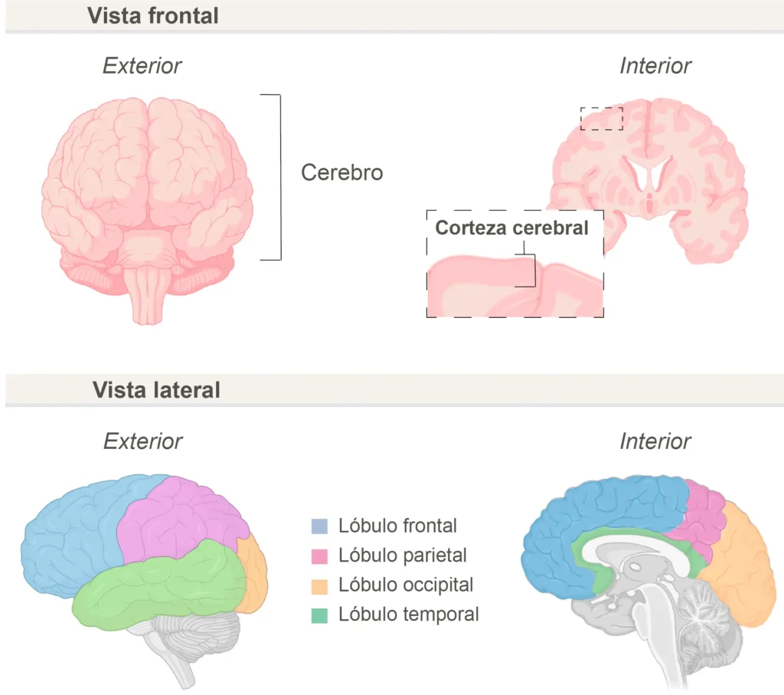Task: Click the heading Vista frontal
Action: [x=153, y=15]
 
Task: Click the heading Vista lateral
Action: [x=156, y=390]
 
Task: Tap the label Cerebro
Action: [x=342, y=172]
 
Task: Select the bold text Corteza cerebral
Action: [x=512, y=228]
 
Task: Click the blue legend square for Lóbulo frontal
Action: [x=319, y=526]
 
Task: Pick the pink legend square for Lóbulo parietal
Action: [x=319, y=556]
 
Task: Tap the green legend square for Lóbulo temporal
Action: [x=319, y=615]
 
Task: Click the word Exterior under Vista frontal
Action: [x=142, y=66]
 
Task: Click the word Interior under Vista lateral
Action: [x=655, y=441]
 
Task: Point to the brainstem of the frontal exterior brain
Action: [x=148, y=295]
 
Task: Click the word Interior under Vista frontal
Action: [x=655, y=66]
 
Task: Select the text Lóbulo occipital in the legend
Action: [x=406, y=585]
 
